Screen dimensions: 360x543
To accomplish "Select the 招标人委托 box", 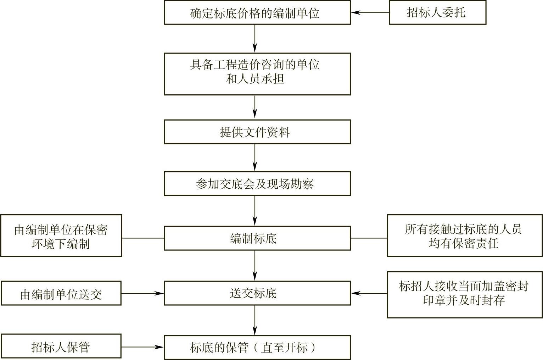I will pyautogui.click(x=437, y=13).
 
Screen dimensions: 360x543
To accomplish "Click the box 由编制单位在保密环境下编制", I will pyautogui.click(x=61, y=236).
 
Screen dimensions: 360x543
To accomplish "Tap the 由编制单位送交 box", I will pyautogui.click(x=61, y=293).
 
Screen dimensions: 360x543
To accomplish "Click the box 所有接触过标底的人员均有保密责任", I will pyautogui.click(x=465, y=236).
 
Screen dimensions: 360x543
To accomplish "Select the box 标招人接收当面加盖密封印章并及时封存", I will pyautogui.click(x=465, y=294).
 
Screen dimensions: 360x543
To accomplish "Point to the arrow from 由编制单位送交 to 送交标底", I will pyautogui.click(x=142, y=293).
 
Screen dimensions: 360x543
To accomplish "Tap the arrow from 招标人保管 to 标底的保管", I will pyautogui.click(x=142, y=347).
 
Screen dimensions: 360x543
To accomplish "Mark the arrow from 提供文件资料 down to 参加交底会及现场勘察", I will pyautogui.click(x=255, y=157).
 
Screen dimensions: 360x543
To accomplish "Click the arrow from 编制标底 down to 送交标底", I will pyautogui.click(x=255, y=265).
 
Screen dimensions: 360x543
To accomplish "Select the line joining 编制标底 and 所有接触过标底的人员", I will pyautogui.click(x=369, y=238).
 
